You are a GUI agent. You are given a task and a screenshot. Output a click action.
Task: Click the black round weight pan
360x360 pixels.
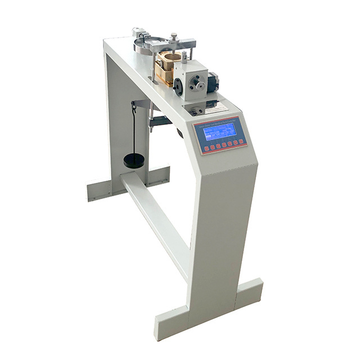click(x=134, y=161)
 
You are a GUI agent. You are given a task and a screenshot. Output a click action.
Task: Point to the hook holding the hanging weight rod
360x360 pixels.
click(x=134, y=103)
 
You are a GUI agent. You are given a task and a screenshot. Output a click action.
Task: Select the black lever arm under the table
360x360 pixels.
click(x=161, y=120)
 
